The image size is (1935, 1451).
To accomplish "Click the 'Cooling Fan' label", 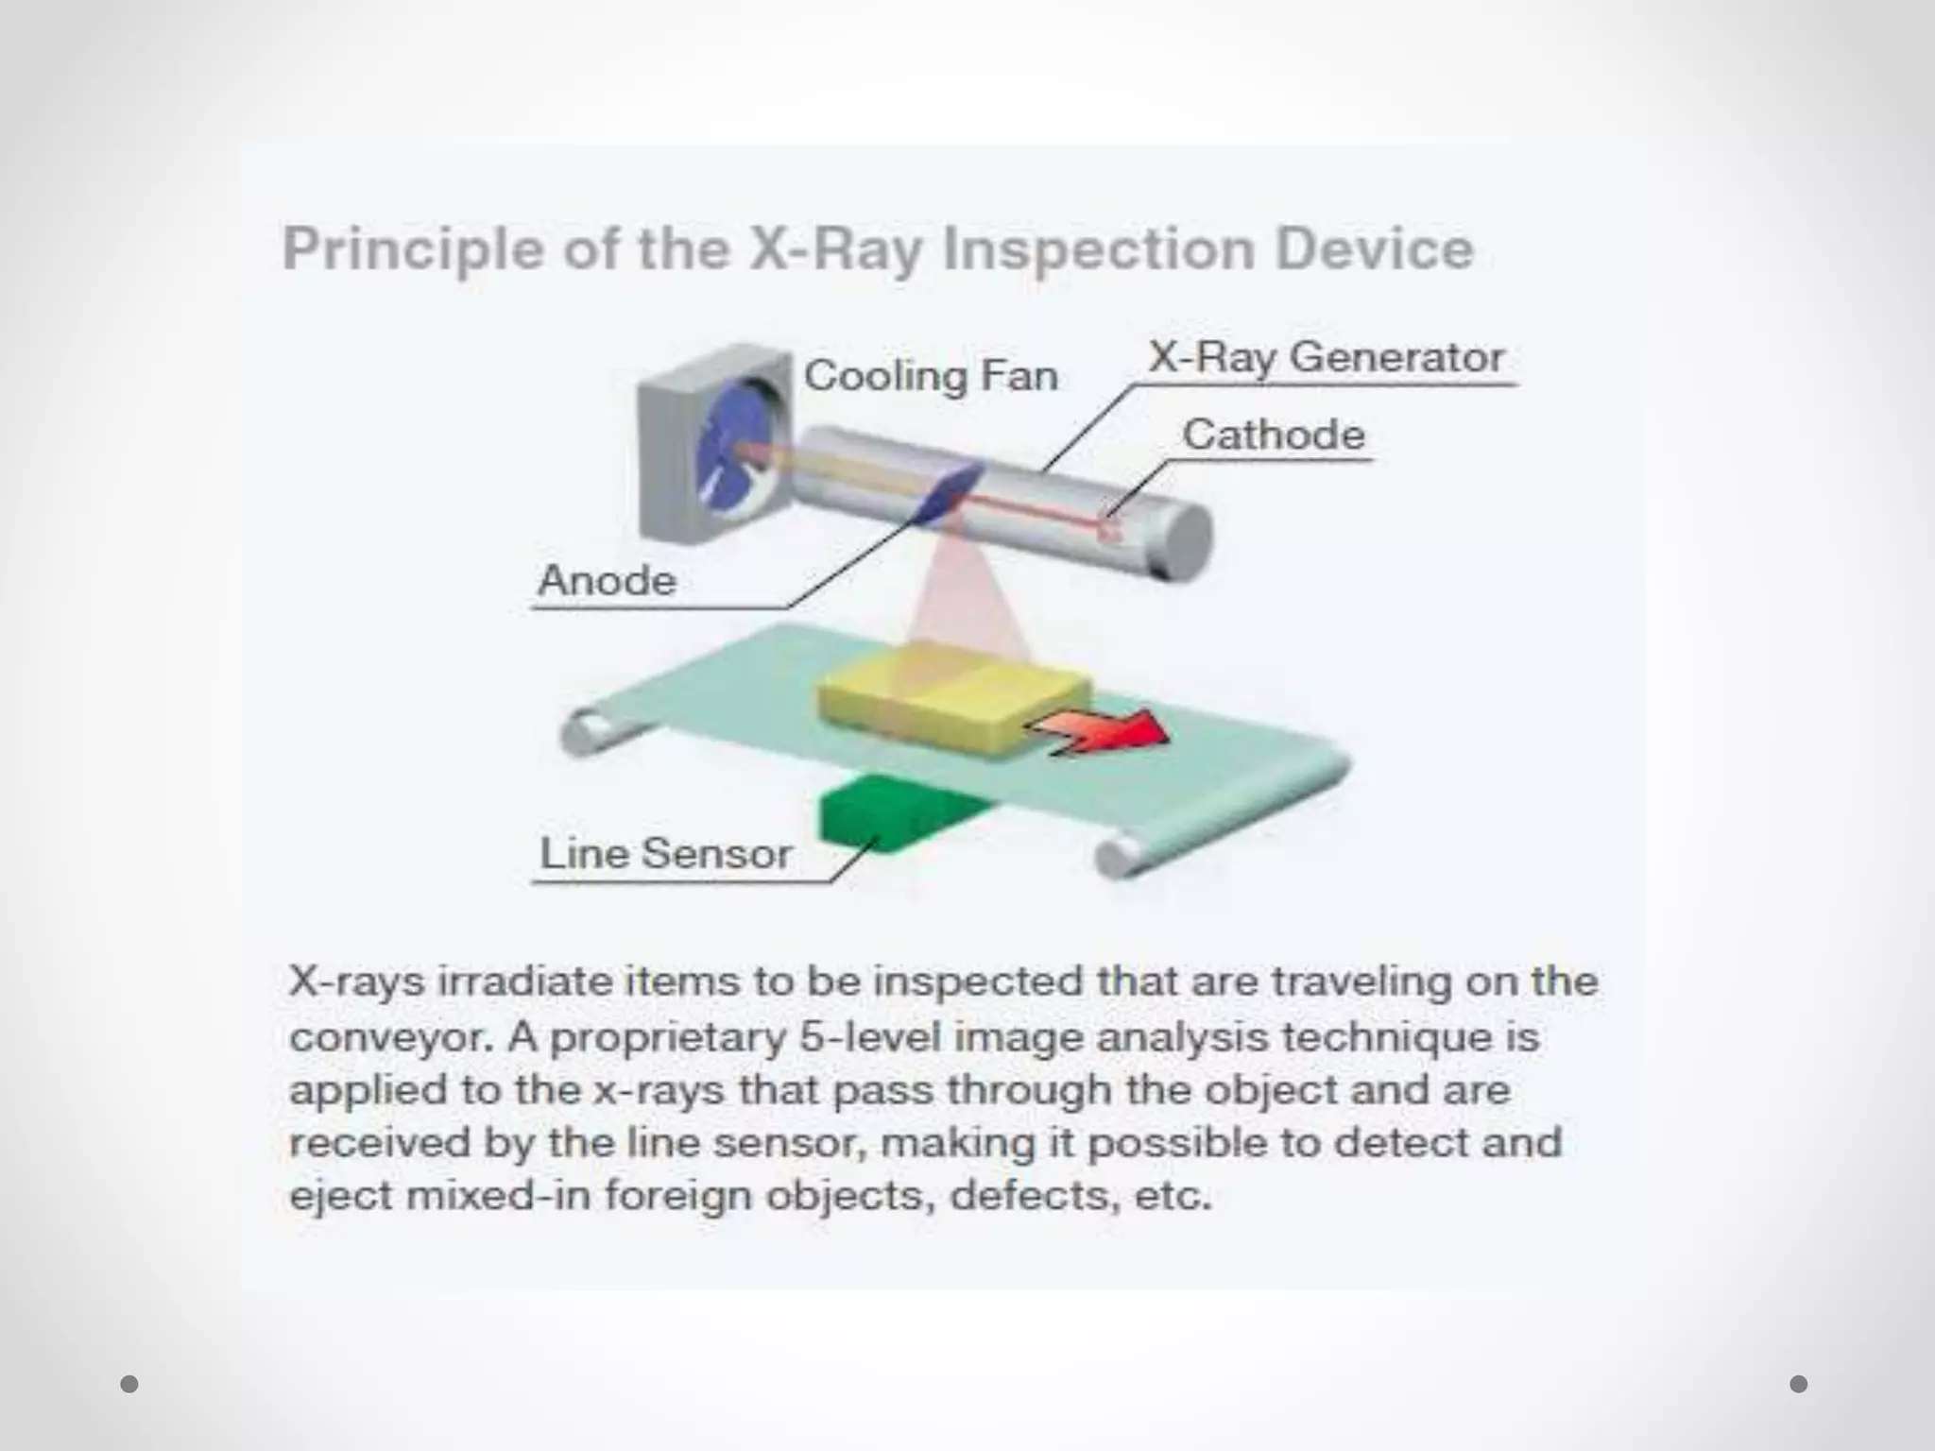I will tap(931, 376).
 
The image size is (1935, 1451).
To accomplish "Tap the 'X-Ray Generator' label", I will tap(1326, 358).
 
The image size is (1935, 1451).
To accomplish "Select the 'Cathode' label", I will tap(1274, 435).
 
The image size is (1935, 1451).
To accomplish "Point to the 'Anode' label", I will tap(607, 580).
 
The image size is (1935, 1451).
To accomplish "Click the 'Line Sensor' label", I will tap(665, 854).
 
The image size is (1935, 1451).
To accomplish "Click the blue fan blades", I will tap(732, 453).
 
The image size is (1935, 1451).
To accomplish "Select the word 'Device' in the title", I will tap(1375, 249).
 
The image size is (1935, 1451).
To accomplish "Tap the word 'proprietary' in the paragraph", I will tap(668, 1037).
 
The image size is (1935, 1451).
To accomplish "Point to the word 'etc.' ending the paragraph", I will tap(1173, 1196).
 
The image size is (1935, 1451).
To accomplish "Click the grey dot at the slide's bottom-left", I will tap(129, 1384).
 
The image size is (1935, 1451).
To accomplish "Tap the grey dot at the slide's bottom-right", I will tap(1799, 1384).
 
